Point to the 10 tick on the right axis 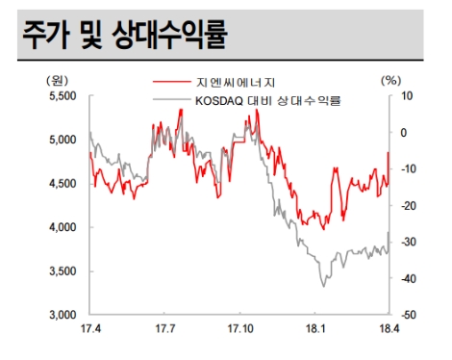[x=407, y=95]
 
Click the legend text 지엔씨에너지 [x=242, y=81]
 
